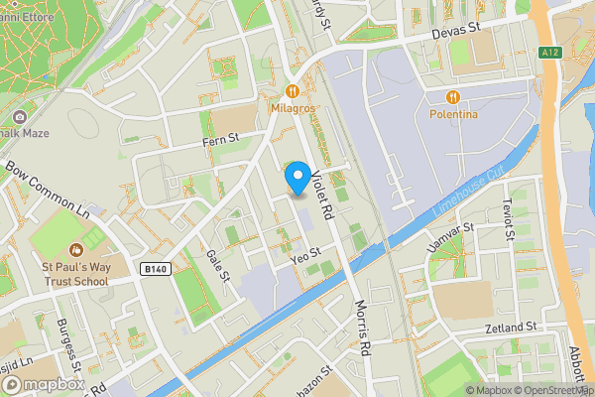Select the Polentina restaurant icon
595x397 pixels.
coord(454,96)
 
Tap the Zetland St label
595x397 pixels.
coord(512,327)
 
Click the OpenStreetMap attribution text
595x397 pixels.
coord(551,389)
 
